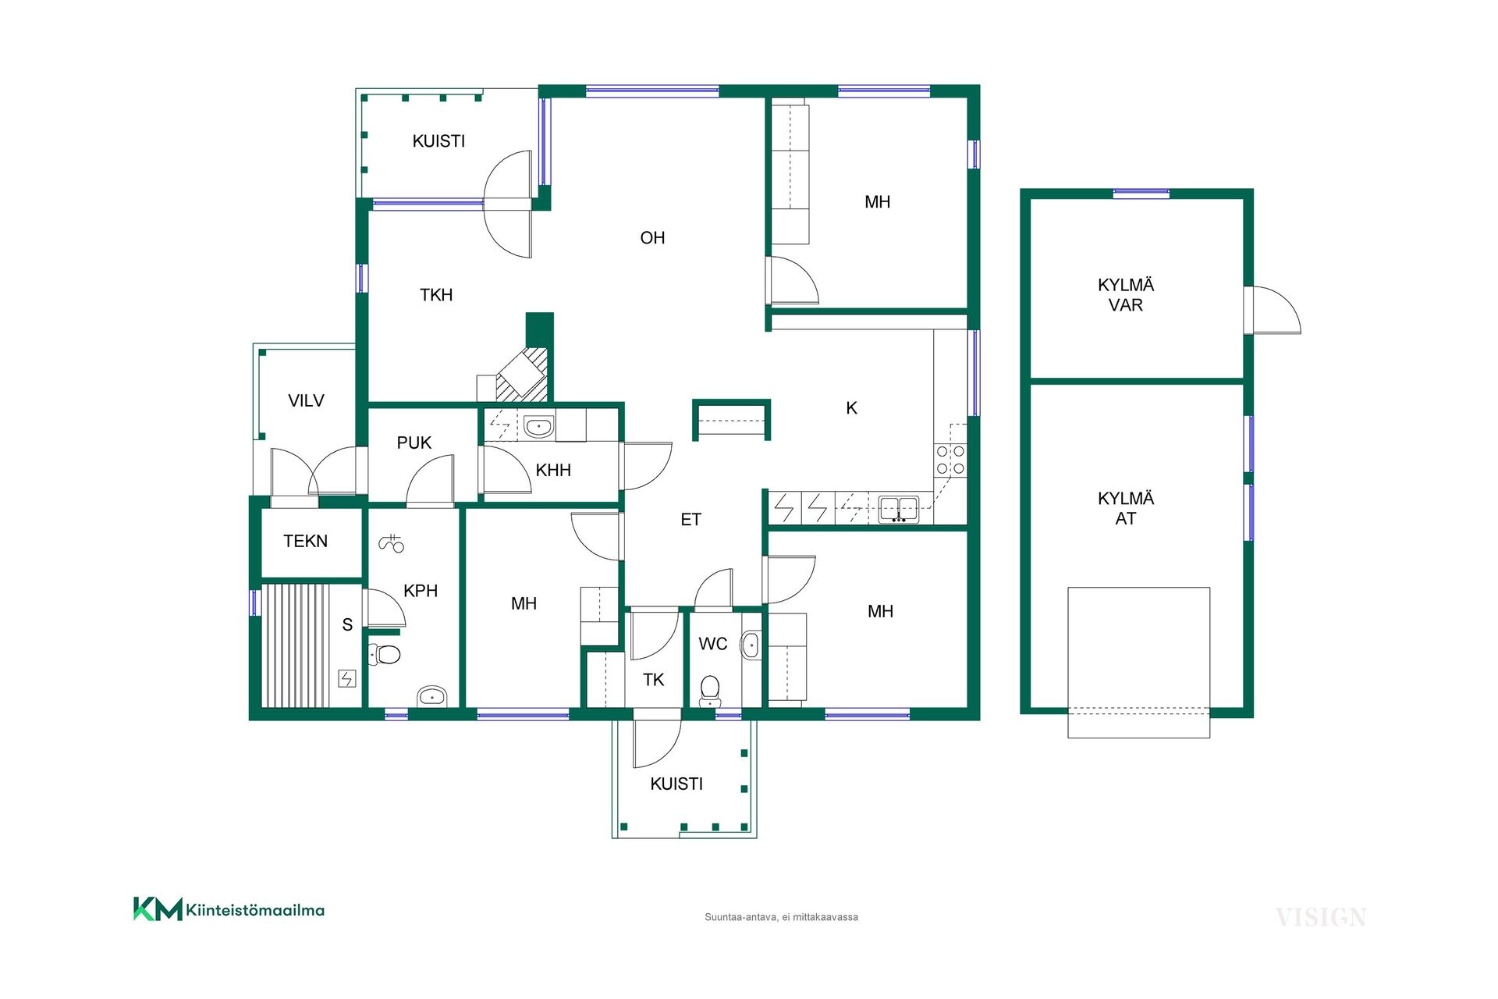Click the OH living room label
click(x=652, y=238)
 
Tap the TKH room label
click(x=436, y=295)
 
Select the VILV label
click(x=306, y=401)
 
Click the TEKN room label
click(x=305, y=542)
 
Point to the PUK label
click(x=414, y=443)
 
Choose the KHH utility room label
click(x=553, y=471)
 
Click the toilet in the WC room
click(x=710, y=691)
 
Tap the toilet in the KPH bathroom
click(x=384, y=654)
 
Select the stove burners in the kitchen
click(x=950, y=460)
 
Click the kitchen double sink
click(x=899, y=509)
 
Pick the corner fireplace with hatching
click(x=522, y=374)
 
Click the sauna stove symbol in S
click(x=346, y=679)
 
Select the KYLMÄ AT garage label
click(x=1125, y=509)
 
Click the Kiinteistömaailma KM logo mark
click(x=158, y=909)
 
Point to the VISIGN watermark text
click(x=1321, y=918)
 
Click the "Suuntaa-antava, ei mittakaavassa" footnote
click(x=781, y=918)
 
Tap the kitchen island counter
click(x=731, y=420)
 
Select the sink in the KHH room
click(x=538, y=427)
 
